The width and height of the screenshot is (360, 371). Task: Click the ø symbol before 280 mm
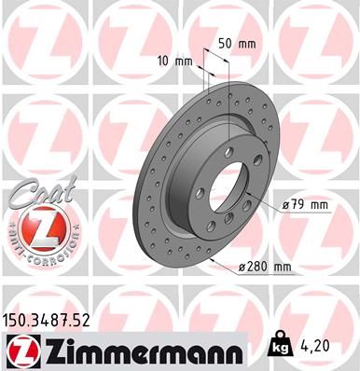(242, 268)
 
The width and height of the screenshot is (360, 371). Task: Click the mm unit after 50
(247, 43)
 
